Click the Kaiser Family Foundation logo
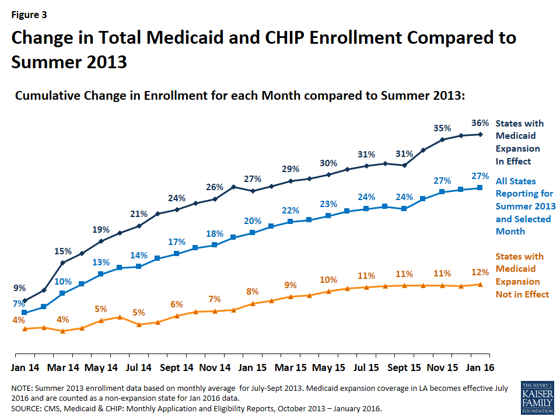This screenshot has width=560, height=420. coord(537,397)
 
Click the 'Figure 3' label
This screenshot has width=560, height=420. coord(29,15)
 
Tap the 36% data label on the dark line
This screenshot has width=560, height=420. coord(480,123)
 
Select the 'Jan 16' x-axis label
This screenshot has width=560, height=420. coord(480,367)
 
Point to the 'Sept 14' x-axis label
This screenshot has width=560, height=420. coord(176,367)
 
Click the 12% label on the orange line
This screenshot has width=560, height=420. coord(480,272)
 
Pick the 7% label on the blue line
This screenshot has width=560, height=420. coord(19,303)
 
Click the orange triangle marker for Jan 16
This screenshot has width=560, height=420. coord(480,284)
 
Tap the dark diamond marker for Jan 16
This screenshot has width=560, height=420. coord(480,135)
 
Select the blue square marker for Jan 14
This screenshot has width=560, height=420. coord(24,313)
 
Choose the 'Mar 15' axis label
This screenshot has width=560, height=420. coord(290,367)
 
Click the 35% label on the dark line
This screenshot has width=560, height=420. coord(442,128)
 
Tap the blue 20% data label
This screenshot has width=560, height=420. coord(253,220)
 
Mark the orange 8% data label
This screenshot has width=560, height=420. coord(252,292)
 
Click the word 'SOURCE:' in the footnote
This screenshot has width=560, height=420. coord(26,408)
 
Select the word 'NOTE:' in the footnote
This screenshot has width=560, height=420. coord(22,388)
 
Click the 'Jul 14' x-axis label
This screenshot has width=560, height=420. coord(139,367)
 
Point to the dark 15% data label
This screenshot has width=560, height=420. coord(63,251)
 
